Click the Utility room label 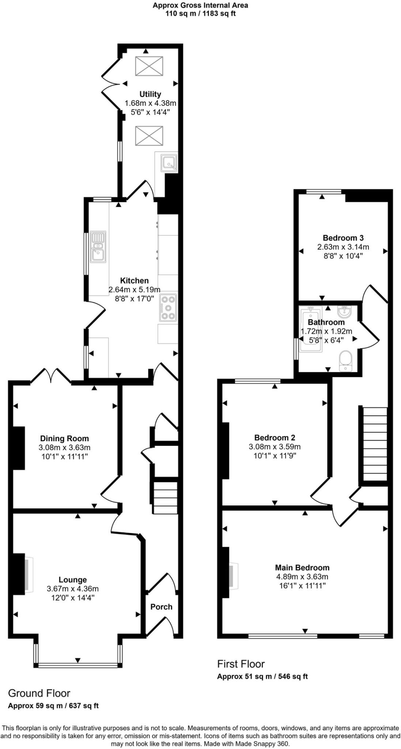150,94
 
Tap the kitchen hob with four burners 168,307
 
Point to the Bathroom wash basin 345,312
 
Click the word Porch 161,607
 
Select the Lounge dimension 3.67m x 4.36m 73,589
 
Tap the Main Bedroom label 302,568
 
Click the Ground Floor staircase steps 165,498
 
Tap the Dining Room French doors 51,375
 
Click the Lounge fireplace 29,575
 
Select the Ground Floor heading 39,693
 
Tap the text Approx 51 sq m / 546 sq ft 262,676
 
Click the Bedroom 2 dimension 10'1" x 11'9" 275,456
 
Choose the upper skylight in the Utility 149,66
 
